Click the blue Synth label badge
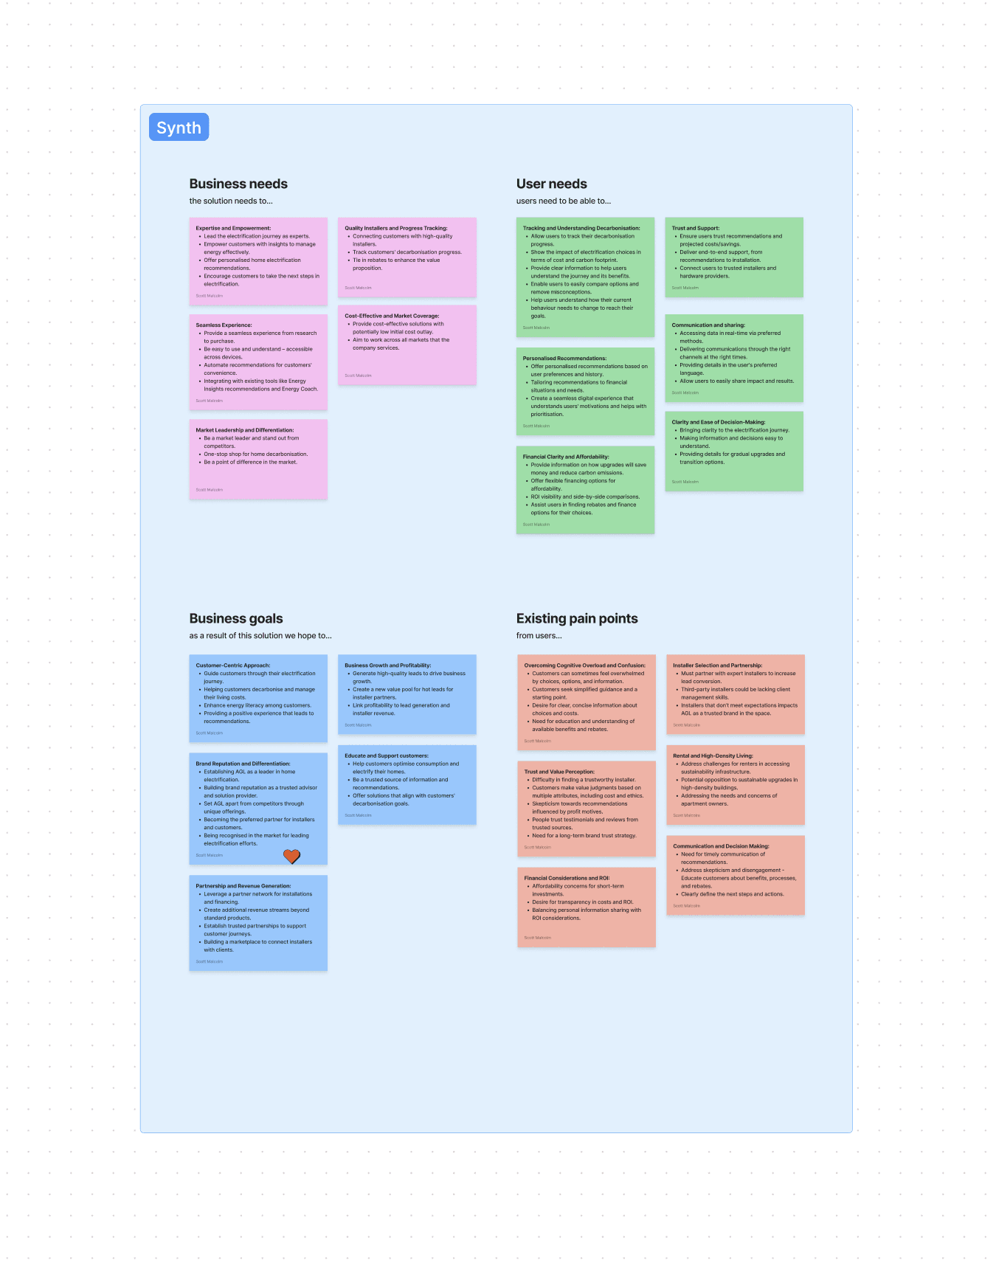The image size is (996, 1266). tap(179, 127)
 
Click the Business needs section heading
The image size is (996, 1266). tap(238, 184)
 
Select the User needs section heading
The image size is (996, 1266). tap(551, 184)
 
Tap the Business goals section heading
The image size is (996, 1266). tap(236, 618)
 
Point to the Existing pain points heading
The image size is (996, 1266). tap(577, 618)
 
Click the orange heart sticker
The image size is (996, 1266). tap(292, 856)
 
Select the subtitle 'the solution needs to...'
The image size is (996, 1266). tap(231, 201)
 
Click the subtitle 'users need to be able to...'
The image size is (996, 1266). tap(564, 201)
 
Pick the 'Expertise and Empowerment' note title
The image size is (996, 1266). tap(233, 228)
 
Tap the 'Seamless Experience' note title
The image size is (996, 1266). tap(224, 325)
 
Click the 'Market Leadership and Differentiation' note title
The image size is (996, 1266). tap(244, 429)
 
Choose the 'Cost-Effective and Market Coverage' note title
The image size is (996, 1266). tap(392, 316)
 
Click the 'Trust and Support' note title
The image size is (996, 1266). tap(695, 228)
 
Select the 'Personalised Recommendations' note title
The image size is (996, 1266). tap(564, 358)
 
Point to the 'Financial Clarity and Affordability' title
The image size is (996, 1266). tap(566, 457)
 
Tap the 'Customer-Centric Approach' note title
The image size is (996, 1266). tap(232, 665)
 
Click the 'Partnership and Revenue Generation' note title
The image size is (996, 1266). tap(243, 885)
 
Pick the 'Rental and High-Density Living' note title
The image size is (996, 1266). tap(713, 755)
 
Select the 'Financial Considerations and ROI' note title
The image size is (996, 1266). tap(567, 878)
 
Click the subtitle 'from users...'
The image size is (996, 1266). tap(539, 635)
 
